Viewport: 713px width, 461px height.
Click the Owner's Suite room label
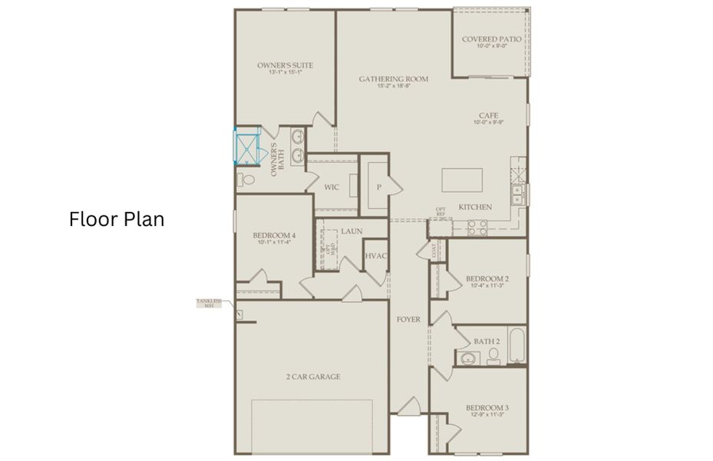pos(285,66)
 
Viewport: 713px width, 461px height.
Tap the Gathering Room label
pos(394,79)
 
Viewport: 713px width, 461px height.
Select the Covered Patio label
pos(491,39)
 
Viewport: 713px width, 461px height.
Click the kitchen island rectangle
pos(462,181)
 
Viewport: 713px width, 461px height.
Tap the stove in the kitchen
pos(477,227)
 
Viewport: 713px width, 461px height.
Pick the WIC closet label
pos(332,187)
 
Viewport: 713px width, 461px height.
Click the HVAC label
pos(375,256)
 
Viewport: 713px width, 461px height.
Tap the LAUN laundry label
pos(352,230)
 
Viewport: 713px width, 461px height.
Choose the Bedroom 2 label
pos(487,279)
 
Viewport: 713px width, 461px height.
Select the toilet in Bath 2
pos(493,355)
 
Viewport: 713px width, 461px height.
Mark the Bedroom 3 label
pos(487,408)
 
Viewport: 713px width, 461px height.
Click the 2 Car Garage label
pos(313,376)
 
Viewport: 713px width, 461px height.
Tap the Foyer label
pos(408,319)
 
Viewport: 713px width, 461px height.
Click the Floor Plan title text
pos(117,220)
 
